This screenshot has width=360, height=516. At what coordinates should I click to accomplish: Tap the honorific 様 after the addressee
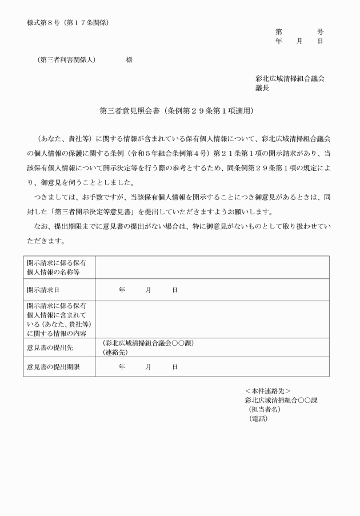[x=129, y=60]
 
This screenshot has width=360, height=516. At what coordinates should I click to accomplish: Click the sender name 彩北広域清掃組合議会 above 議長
[x=290, y=79]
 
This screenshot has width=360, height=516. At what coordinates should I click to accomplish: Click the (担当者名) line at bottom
[x=265, y=409]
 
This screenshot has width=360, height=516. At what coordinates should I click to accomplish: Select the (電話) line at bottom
[x=258, y=418]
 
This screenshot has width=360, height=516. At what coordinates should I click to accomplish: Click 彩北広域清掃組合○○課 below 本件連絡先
[x=281, y=400]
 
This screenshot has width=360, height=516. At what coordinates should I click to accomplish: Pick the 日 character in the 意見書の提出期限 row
[x=174, y=366]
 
